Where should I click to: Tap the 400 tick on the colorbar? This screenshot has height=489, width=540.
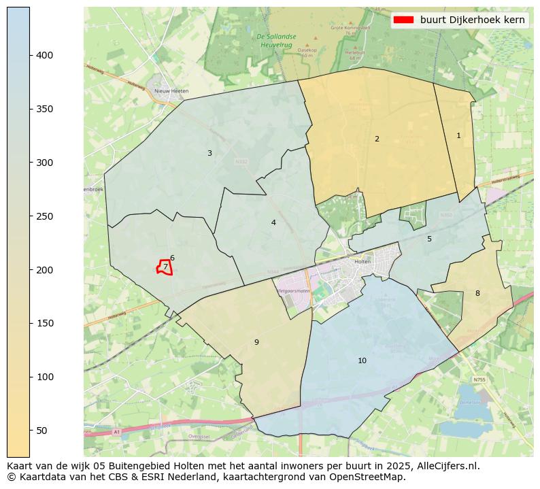click(x=30, y=55)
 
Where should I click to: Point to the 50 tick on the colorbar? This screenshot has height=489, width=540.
click(x=30, y=431)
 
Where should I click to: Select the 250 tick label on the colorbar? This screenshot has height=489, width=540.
click(x=44, y=216)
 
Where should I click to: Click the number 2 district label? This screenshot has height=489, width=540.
click(x=377, y=139)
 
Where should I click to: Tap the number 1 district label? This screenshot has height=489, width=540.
click(x=458, y=135)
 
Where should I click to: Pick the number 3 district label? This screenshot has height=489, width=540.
click(x=209, y=153)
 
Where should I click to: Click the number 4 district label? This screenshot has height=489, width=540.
click(x=273, y=222)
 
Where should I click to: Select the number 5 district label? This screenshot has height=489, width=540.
click(x=429, y=239)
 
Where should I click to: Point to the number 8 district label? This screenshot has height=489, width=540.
click(x=477, y=293)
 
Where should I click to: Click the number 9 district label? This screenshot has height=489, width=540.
click(x=256, y=342)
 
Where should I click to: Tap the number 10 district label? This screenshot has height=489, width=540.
click(x=362, y=360)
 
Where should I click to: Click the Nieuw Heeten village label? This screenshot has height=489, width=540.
click(x=171, y=90)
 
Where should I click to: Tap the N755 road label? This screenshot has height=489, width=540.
click(x=479, y=380)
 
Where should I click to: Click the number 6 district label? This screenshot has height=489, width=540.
click(x=172, y=258)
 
